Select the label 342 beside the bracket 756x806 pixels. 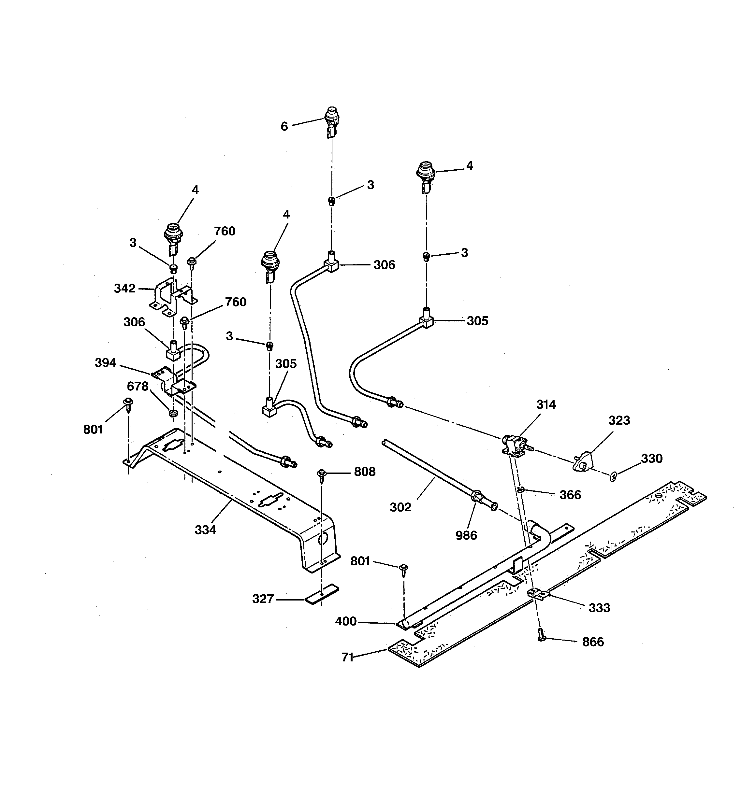coord(124,289)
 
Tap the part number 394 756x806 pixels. coord(106,363)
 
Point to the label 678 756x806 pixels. coord(138,386)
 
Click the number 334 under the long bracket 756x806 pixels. coord(205,530)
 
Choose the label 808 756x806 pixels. coord(365,472)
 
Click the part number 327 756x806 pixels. coord(263,599)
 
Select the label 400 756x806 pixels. coord(346,621)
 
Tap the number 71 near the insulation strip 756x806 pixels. coord(347,657)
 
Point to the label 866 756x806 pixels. coord(593,642)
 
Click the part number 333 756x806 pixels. coord(599,608)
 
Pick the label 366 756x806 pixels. coord(570,495)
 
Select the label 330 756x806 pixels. coord(652,459)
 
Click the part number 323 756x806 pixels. coord(619,420)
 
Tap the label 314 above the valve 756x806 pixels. coord(546,404)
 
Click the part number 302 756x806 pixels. coord(400,507)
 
